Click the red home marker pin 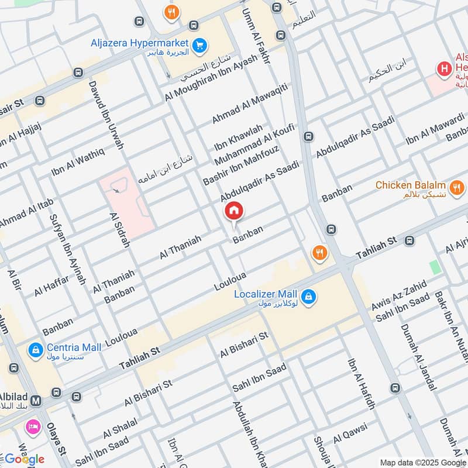[234, 211]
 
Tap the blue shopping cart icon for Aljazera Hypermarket [200, 44]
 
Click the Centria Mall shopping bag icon [36, 350]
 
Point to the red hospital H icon [445, 70]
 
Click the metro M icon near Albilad [36, 401]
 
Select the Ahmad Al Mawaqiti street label [250, 103]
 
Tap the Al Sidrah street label [119, 230]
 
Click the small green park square [435, 267]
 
